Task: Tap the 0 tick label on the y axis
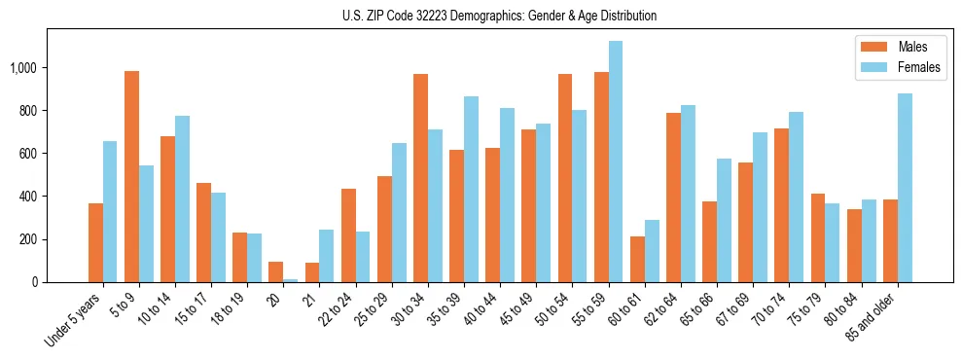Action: click(35, 282)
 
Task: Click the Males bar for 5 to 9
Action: click(132, 177)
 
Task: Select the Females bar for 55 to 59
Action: click(615, 162)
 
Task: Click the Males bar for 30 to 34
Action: click(420, 178)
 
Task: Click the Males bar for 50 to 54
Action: click(565, 178)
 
